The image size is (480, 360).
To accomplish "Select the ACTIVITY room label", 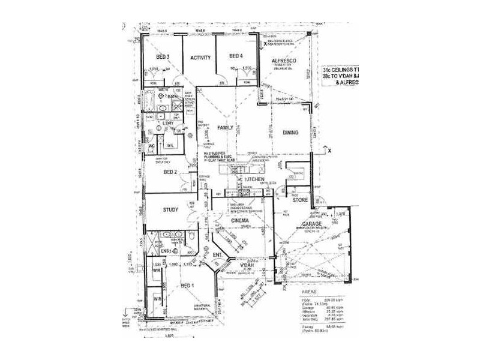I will coord(199,58).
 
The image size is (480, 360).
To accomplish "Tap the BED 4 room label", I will coord(236,56).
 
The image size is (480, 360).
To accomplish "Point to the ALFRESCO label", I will coord(283,62).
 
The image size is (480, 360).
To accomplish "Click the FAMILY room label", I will coord(225,128).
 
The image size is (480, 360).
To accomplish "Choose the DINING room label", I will coord(290,133).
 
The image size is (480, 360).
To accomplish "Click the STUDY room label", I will coord(172,210).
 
